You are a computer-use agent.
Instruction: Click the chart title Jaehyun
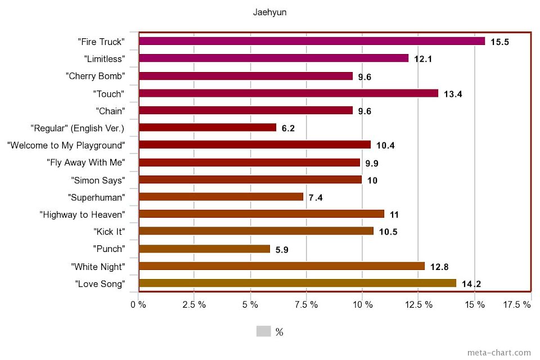tap(269, 12)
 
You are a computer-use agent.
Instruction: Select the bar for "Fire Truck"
tap(312, 41)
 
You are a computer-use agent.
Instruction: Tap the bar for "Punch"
tap(204, 249)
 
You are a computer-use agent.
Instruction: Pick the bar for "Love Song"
tap(298, 283)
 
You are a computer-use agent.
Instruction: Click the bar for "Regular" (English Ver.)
tap(208, 128)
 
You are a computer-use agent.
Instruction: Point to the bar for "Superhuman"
tap(221, 197)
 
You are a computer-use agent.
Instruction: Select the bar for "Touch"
tap(289, 93)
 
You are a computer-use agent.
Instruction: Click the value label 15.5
tap(499, 42)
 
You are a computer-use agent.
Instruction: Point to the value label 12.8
tap(439, 267)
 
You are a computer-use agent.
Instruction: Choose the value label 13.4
tap(453, 94)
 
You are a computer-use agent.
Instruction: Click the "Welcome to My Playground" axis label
tap(65, 145)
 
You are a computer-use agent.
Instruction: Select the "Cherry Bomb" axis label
tap(94, 76)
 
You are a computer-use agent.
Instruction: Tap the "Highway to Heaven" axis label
tap(82, 214)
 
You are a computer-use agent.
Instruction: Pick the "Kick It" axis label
tap(109, 231)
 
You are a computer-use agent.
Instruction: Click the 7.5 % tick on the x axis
tap(307, 304)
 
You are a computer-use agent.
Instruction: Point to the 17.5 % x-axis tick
tap(517, 304)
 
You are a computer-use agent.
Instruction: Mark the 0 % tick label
tap(138, 304)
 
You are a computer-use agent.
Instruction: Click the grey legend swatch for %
tap(264, 331)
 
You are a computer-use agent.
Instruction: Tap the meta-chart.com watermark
tap(499, 353)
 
